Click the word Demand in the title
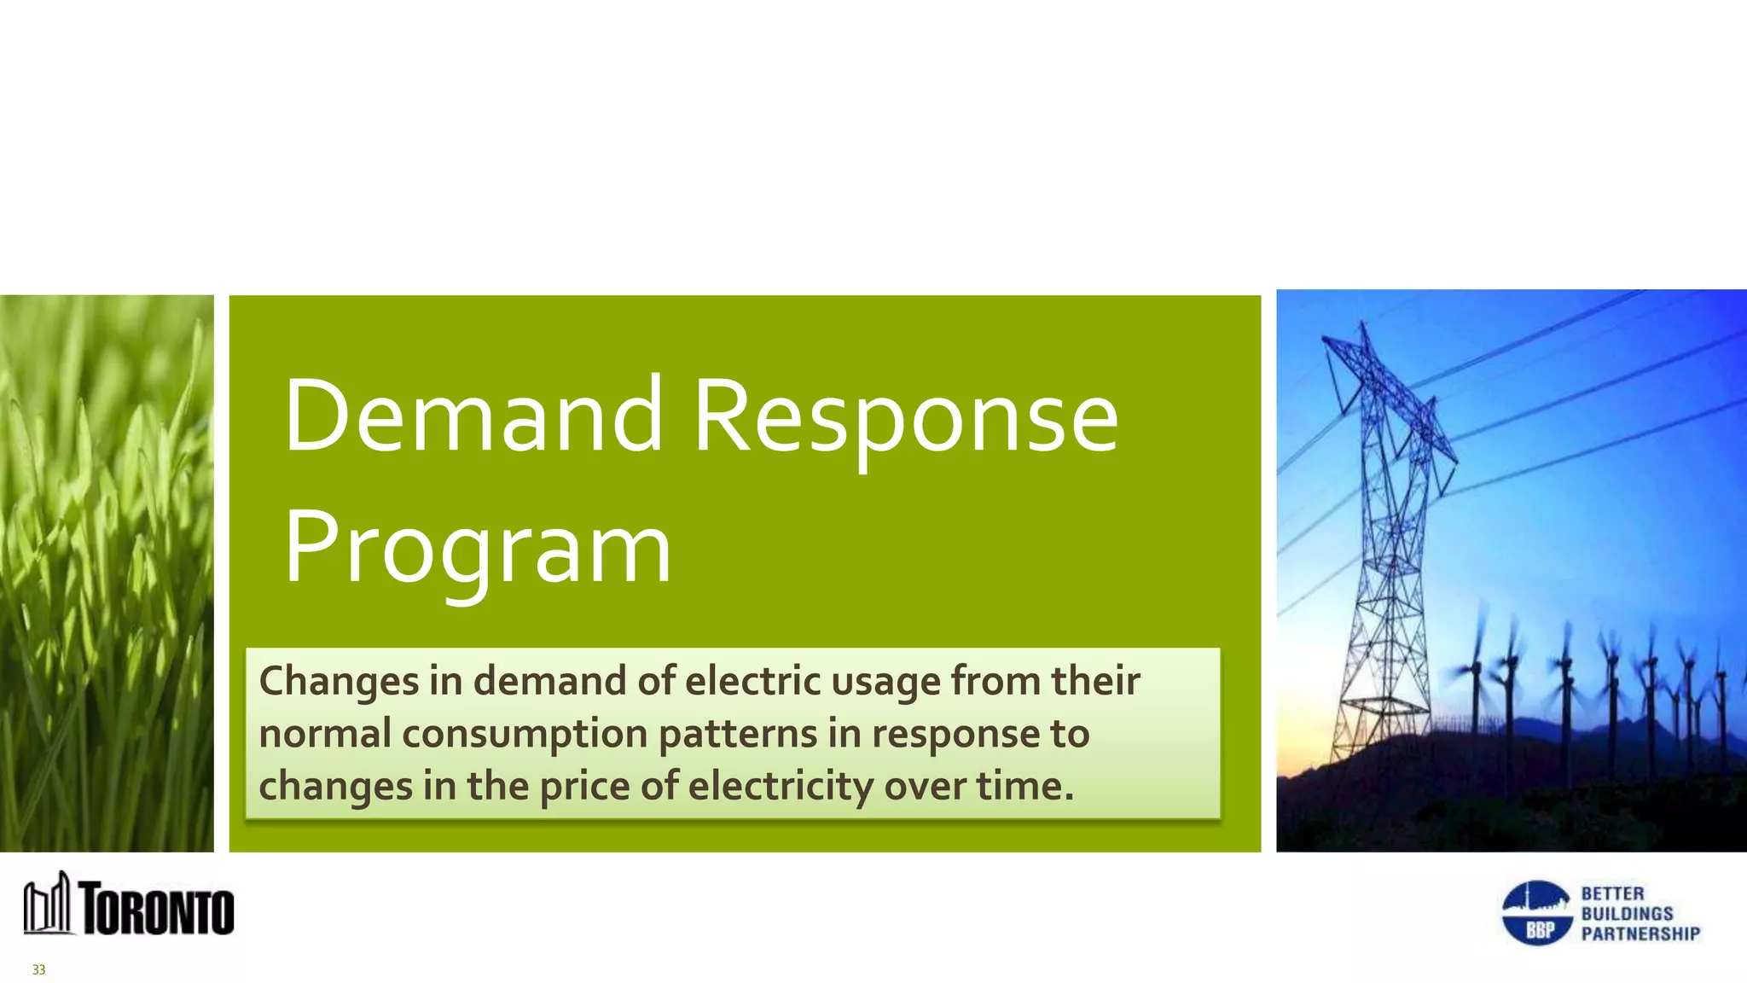473,416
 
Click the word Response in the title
906,416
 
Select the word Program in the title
478,548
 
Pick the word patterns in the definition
737,735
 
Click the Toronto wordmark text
158,910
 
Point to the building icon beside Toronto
47,904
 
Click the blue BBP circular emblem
1536,913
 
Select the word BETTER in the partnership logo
1612,893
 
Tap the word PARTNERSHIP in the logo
1640,934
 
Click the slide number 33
38,969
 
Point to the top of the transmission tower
1363,329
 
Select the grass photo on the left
107,572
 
